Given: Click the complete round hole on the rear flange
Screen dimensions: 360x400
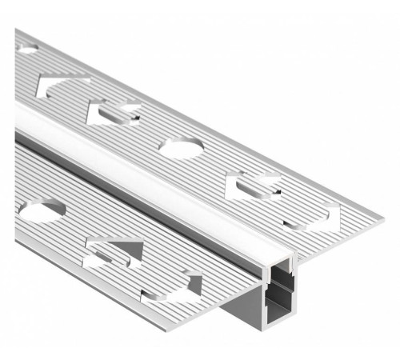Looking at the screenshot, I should click(181, 146).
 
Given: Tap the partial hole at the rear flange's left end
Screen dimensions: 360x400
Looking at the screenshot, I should click(26, 50).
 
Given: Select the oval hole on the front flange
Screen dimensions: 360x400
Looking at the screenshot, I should click(42, 211).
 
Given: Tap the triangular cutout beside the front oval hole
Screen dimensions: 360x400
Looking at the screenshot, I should click(118, 250).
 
